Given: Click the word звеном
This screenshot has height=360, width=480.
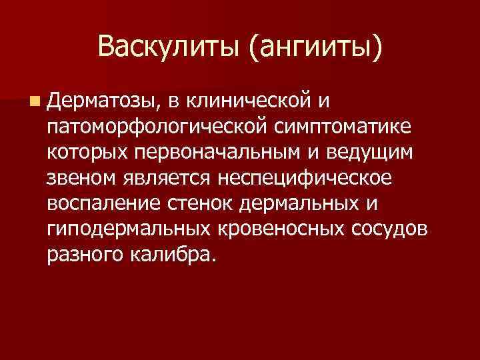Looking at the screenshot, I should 80,177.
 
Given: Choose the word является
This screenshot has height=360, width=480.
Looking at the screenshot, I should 165,177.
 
